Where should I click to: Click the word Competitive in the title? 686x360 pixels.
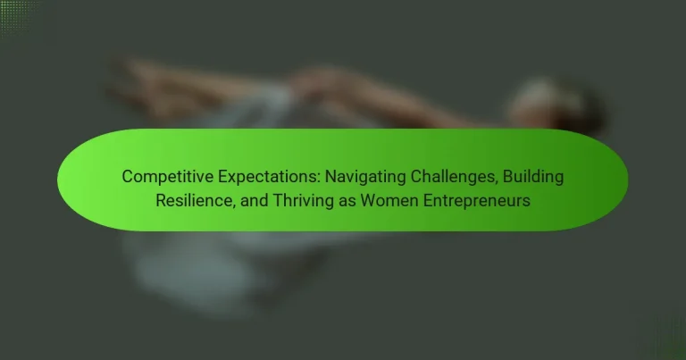[x=168, y=177]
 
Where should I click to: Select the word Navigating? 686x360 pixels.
[x=365, y=177]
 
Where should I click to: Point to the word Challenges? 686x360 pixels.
[x=454, y=177]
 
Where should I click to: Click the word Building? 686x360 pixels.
[x=533, y=177]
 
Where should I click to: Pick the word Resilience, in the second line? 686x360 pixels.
[x=196, y=200]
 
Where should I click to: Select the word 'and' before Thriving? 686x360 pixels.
[x=255, y=200]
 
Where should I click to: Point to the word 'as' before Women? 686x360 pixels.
[x=347, y=202]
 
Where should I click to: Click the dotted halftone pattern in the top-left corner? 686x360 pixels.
[x=19, y=18]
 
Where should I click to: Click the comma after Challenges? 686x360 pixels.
[x=496, y=184]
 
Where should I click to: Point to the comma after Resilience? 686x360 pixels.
[x=234, y=207]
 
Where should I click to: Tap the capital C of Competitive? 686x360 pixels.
[x=128, y=177]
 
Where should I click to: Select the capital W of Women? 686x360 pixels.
[x=369, y=200]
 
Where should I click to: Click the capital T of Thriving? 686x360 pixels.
[x=279, y=200]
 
